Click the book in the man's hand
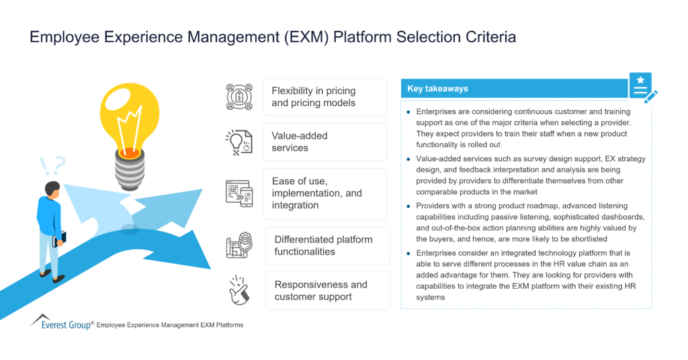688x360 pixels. pos(64,238)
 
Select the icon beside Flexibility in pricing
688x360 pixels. pos(239,97)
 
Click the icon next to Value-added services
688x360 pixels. pos(239,142)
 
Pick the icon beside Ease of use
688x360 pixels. pos(239,193)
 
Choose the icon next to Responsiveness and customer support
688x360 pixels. pos(239,290)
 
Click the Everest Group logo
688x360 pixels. pos(60,322)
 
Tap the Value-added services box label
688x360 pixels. pos(300,142)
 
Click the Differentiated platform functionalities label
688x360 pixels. pos(322,246)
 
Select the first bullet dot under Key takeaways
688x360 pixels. pos(408,109)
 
